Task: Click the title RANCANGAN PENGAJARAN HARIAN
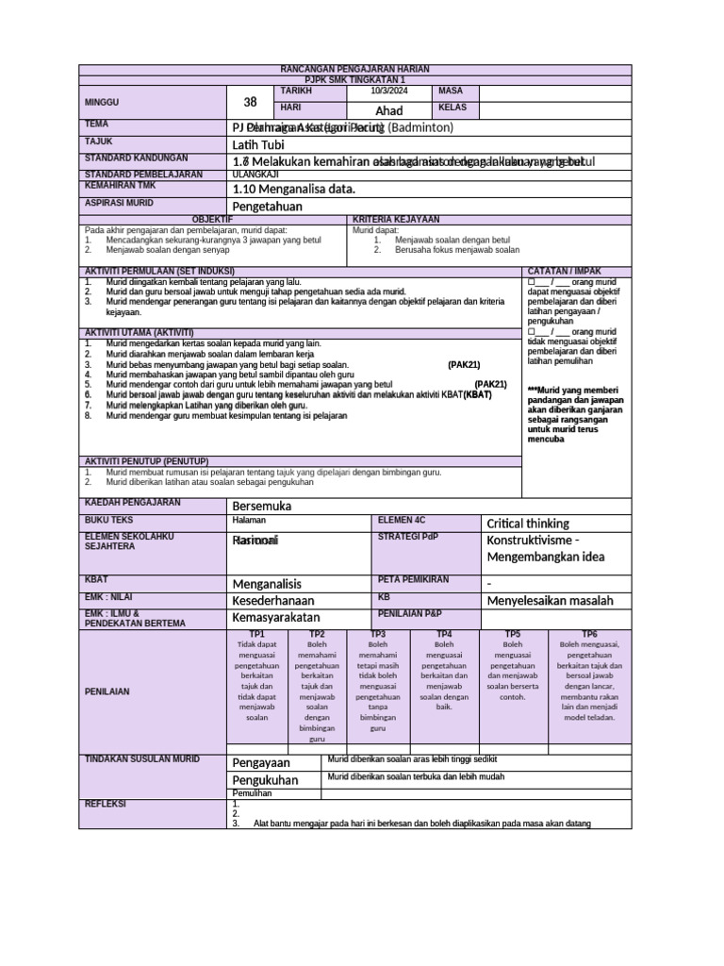click(x=355, y=70)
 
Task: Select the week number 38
click(x=250, y=102)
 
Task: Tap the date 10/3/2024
click(x=388, y=91)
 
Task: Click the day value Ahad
click(x=388, y=110)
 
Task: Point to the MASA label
click(x=451, y=91)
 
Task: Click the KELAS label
click(x=452, y=108)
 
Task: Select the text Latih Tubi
click(x=256, y=144)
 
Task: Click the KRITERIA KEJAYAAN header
click(x=389, y=219)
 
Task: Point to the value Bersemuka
click(x=262, y=507)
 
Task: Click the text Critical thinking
click(x=527, y=524)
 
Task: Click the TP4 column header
click(x=445, y=634)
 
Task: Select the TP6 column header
click(x=589, y=634)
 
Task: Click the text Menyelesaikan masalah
click(x=550, y=600)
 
